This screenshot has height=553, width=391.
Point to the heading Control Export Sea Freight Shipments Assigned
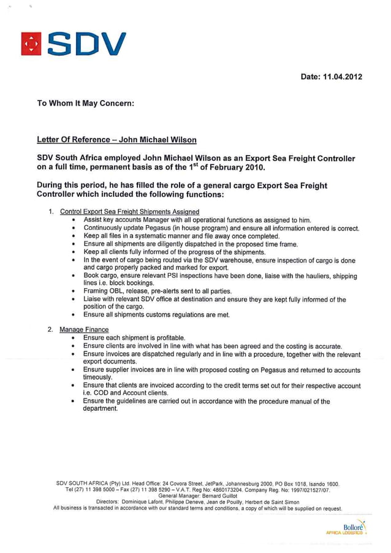129,212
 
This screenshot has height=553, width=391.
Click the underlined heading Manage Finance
84,330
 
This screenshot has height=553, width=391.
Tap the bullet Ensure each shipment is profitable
134,338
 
